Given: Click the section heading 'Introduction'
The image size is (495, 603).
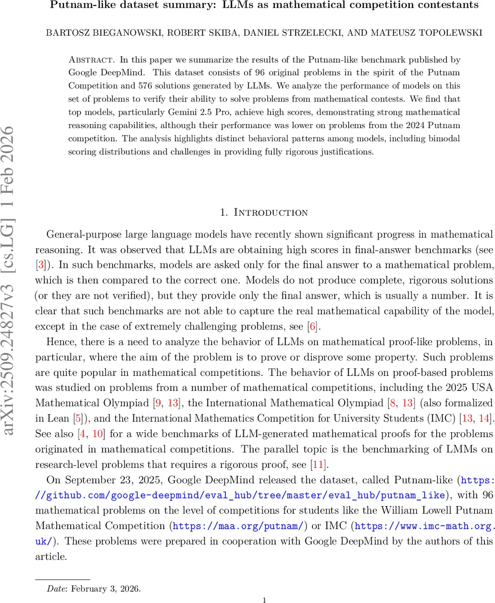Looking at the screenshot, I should click(271, 213).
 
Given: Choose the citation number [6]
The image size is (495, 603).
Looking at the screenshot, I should click(312, 327).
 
